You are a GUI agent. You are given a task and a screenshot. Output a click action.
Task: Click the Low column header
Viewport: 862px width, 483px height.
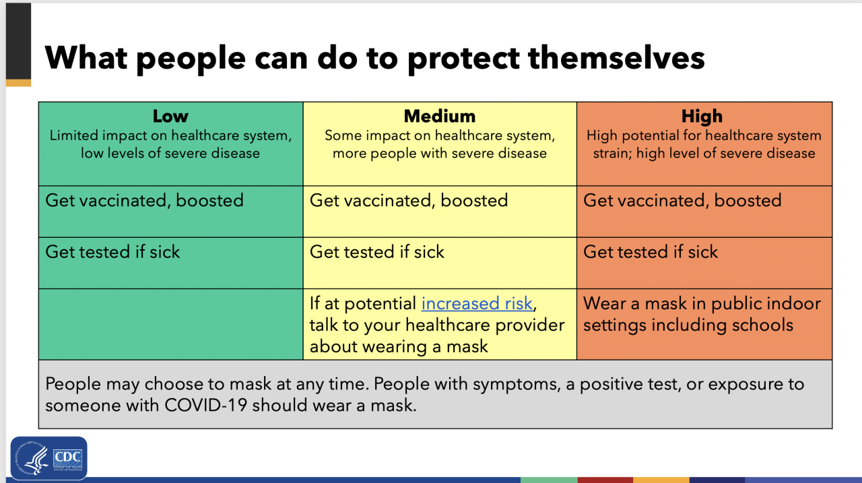pos(170,117)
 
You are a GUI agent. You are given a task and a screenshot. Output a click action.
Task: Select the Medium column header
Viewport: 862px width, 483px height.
pos(440,117)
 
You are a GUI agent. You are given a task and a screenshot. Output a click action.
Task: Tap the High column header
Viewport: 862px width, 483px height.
pos(702,117)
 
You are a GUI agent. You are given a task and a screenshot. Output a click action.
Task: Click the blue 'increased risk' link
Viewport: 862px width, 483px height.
pos(477,304)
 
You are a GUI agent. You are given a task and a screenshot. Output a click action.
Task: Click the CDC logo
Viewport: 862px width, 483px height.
pos(49,458)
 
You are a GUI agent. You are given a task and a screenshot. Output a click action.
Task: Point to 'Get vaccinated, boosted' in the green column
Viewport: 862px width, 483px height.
pos(144,201)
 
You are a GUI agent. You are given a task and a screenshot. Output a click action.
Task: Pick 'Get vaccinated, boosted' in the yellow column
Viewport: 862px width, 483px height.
pos(409,201)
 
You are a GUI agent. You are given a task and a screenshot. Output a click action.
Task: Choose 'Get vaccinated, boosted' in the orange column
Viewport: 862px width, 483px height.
pos(682,201)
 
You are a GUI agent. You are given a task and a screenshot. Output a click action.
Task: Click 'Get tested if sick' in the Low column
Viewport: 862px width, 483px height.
pos(112,252)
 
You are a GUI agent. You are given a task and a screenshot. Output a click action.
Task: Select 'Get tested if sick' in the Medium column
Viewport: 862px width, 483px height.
pos(376,252)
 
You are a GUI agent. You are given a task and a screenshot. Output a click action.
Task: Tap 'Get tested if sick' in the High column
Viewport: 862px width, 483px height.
pos(651,252)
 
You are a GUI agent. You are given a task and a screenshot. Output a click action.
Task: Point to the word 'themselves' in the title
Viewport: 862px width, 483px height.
pos(616,58)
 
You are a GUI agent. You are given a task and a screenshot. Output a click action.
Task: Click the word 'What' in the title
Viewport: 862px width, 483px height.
pos(86,58)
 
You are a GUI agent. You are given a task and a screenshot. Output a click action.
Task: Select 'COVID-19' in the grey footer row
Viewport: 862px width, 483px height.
pos(206,406)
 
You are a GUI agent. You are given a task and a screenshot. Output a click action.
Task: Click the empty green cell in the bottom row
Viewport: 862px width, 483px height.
pos(171,325)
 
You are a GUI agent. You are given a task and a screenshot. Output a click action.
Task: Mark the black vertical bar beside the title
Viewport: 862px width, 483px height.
pos(18,42)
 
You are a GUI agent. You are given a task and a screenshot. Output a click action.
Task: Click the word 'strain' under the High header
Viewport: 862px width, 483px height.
pos(611,154)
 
